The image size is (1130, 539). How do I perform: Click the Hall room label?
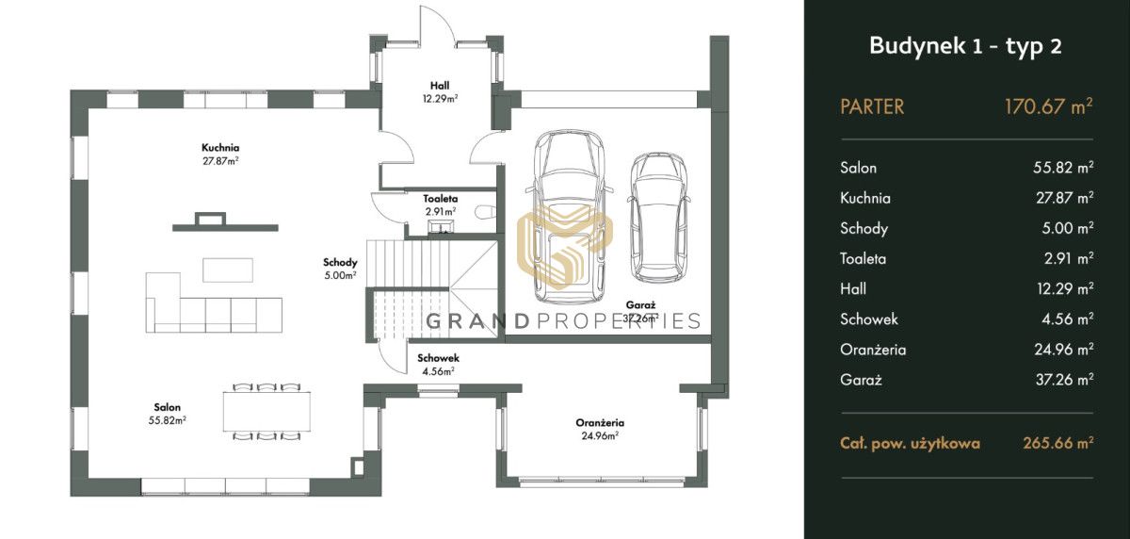(x=440, y=86)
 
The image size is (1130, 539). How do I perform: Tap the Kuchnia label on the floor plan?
(x=220, y=148)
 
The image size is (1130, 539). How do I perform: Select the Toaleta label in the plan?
(x=441, y=199)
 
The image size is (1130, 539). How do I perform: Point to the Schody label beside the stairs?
(x=340, y=263)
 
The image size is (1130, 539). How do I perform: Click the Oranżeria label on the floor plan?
(x=600, y=423)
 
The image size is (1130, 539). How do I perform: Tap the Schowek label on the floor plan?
(x=438, y=358)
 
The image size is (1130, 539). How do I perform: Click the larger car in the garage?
(x=569, y=217)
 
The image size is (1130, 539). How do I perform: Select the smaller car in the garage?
(x=659, y=218)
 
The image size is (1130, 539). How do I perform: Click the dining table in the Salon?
(x=266, y=411)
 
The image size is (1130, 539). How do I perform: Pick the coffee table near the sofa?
(x=228, y=270)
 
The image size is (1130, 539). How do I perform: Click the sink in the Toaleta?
(x=441, y=225)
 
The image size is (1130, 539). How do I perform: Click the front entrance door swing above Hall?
(x=437, y=24)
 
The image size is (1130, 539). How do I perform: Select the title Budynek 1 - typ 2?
(x=965, y=46)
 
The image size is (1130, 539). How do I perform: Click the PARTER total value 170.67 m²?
(x=1049, y=106)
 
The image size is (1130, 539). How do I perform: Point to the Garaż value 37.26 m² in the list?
(x=1064, y=379)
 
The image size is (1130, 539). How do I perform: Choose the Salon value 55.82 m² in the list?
(x=1063, y=167)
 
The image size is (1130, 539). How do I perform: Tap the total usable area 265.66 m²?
(x=1058, y=443)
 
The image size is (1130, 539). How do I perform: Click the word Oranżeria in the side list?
(x=873, y=350)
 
